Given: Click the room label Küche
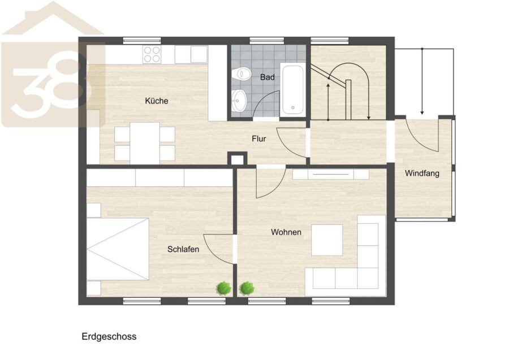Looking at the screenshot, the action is [157, 101].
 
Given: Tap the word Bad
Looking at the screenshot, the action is [267, 77].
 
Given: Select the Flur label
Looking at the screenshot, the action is [258, 139].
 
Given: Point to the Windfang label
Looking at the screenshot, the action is [422, 173].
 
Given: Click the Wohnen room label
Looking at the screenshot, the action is [286, 232].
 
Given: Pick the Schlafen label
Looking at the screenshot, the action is [183, 249].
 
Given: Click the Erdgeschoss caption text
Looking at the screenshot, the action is [109, 337].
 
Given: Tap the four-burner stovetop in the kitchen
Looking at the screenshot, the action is [152, 54].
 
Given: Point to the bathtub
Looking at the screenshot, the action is [292, 89].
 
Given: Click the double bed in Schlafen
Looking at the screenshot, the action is [118, 249].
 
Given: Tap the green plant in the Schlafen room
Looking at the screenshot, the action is [224, 288].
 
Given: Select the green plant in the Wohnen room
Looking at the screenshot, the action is [247, 288].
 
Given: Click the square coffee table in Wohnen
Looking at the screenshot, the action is [327, 240].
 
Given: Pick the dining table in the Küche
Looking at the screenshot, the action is [145, 143].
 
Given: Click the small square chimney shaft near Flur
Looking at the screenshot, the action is [238, 159].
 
